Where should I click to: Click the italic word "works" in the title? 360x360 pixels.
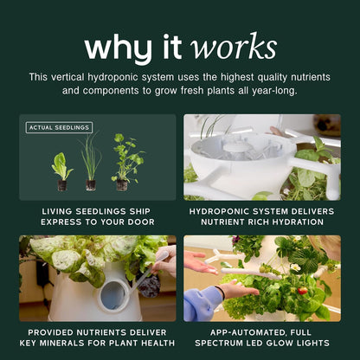point(233,46)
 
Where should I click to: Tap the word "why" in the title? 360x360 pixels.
point(118,48)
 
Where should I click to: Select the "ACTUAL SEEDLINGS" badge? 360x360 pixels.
point(59,127)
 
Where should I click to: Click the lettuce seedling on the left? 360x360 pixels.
point(62,171)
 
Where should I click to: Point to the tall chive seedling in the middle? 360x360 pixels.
point(91,162)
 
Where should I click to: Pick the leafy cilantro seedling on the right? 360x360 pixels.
point(126,162)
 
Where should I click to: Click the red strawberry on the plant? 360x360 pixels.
point(302,291)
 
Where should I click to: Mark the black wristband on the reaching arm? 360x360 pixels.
point(222,292)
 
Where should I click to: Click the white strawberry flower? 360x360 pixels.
point(295,267)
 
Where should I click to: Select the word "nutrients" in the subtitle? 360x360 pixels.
point(311,77)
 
